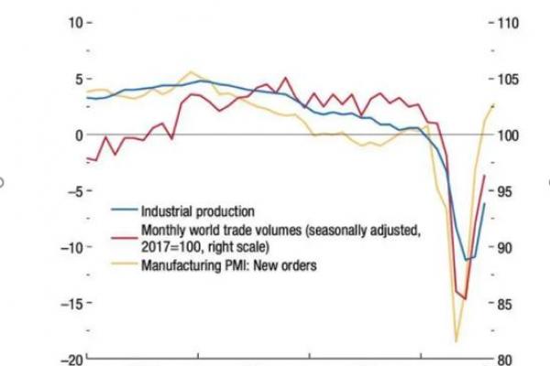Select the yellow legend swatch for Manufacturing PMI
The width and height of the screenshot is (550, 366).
click(126, 266)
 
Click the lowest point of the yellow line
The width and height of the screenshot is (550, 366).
click(456, 341)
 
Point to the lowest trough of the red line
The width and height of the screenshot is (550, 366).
click(466, 299)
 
